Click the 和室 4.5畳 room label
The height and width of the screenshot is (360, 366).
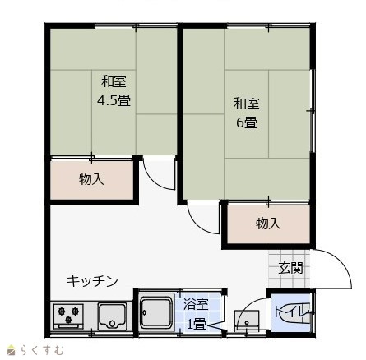114,91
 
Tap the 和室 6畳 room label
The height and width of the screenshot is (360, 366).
247,113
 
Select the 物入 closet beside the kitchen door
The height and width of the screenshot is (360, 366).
91,180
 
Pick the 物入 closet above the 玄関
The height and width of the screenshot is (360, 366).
268,224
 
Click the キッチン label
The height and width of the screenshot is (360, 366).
92,281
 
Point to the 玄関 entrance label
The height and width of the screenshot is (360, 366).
290,268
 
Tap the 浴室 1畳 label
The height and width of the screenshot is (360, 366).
196,314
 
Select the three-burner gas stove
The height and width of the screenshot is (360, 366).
68,316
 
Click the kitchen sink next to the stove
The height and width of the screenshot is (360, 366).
113,316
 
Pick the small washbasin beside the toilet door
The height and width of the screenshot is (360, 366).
246,321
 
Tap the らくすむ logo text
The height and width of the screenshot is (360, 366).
42,350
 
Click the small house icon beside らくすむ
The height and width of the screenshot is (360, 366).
12,350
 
